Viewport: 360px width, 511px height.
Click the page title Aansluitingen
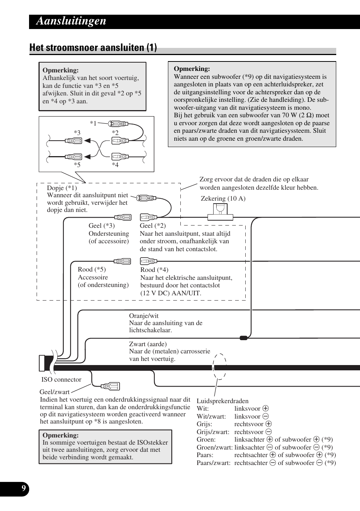tap(71, 21)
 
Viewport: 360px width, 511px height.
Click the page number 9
tap(23, 489)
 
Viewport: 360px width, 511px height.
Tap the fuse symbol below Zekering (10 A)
tap(220, 212)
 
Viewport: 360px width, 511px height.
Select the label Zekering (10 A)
tap(223, 198)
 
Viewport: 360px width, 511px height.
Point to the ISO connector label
tap(61, 379)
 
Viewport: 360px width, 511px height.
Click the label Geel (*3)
tap(102, 226)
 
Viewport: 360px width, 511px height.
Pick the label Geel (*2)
tap(152, 226)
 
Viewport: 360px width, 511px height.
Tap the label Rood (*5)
tap(92, 269)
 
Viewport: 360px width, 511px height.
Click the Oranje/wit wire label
tap(144, 316)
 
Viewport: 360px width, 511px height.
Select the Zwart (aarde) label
tap(148, 344)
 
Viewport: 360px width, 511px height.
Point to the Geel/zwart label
tap(55, 392)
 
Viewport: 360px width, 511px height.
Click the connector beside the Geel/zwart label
tap(110, 386)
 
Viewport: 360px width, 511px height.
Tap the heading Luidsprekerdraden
tap(222, 401)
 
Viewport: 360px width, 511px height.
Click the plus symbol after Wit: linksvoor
tap(266, 408)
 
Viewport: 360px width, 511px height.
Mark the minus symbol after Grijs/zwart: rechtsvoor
tap(269, 432)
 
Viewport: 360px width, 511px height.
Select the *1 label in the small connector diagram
tap(93, 123)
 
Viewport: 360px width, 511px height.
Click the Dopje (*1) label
tap(62, 188)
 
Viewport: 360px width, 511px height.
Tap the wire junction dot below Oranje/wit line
tap(244, 338)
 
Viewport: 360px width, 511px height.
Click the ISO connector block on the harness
tap(42, 363)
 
